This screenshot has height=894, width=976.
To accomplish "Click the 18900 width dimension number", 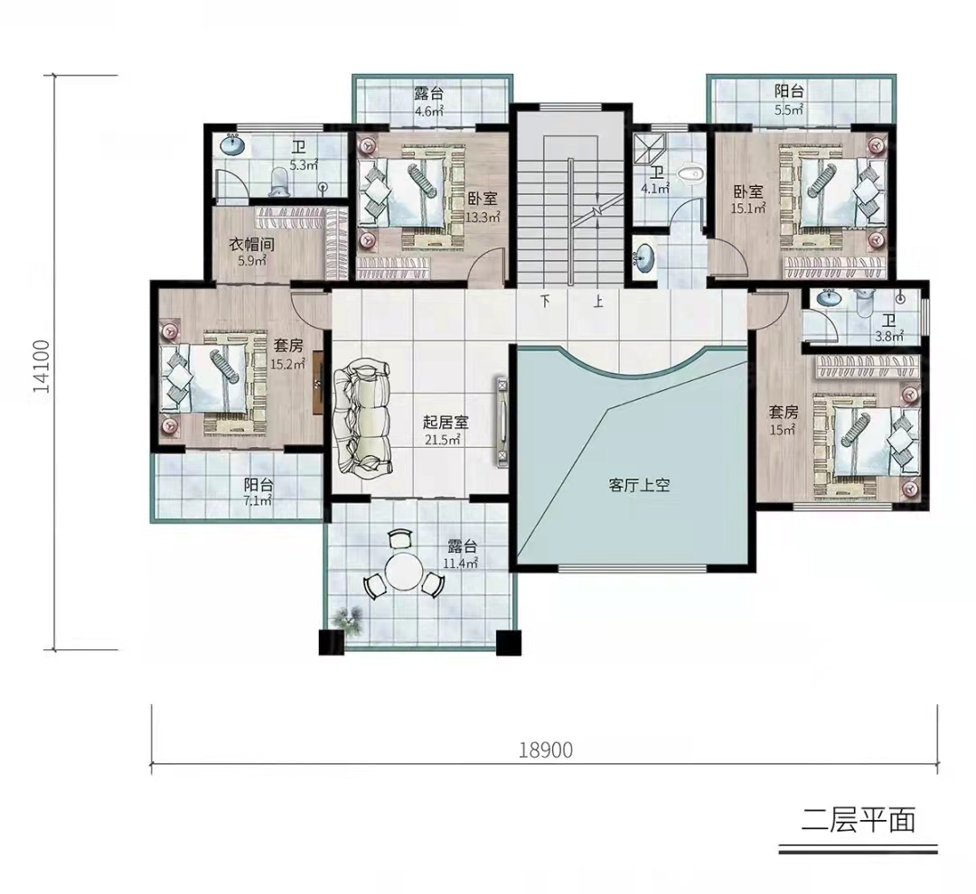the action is tap(546, 750).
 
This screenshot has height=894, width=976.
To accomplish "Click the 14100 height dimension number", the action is tap(42, 366).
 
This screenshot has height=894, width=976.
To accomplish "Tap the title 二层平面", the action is tap(859, 821).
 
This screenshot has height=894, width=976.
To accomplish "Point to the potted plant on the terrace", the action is tap(348, 619).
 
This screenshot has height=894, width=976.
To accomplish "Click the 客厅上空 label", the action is tap(639, 485).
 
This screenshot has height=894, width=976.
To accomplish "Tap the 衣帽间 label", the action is tap(251, 245).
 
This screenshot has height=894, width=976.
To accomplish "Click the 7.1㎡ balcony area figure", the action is tap(258, 501).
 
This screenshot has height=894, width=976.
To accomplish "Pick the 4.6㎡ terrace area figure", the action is tap(429, 111).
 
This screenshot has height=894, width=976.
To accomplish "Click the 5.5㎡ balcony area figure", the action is tap(789, 109).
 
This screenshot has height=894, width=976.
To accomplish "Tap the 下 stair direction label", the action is tap(546, 303).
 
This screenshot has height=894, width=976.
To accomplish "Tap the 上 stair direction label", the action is tap(598, 303).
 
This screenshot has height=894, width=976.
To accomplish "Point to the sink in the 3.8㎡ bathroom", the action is tap(828, 299).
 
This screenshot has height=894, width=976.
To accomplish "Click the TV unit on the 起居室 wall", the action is tap(501, 420).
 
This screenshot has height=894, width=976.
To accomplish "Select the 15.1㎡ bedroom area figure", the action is tap(747, 209).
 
